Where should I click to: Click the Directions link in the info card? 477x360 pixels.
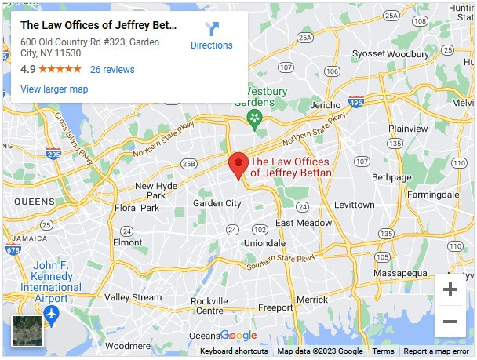212,36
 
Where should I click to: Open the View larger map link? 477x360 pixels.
54,89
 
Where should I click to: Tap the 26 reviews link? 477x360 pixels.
112,70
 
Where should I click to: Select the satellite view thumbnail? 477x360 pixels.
27,330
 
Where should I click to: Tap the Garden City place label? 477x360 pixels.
217,203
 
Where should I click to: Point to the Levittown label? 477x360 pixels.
355,205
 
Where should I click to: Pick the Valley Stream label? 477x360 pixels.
133,298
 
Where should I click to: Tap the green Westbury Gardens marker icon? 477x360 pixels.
253,118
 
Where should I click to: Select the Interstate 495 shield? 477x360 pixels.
355,102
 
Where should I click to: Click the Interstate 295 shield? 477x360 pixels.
53,154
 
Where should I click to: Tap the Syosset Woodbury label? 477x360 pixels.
391,54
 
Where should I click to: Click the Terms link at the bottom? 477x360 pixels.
383,351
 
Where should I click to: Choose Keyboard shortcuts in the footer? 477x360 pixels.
234,351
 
